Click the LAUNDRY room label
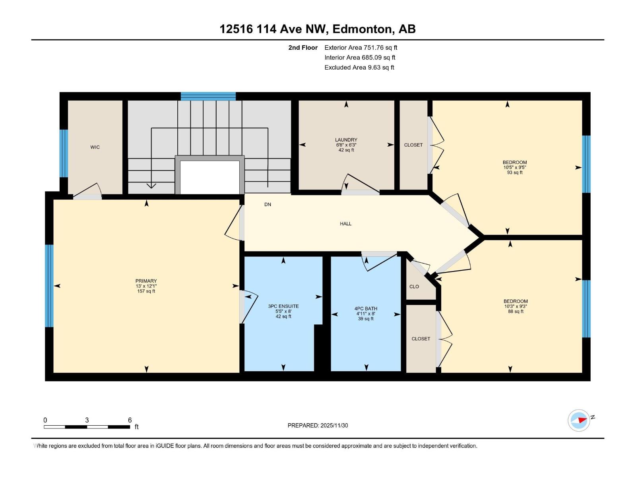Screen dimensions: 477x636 [346, 140]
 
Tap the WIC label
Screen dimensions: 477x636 [95, 147]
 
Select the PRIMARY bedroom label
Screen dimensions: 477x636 [146, 281]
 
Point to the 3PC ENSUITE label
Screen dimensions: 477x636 [283, 306]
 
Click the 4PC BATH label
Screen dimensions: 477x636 [366, 309]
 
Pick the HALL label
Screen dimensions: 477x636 [345, 224]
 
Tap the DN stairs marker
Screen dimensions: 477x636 [268, 205]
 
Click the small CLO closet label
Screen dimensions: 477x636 [414, 287]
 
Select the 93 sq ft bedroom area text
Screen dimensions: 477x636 [515, 173]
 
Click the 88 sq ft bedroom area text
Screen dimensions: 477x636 [516, 312]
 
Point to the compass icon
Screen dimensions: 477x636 [579, 420]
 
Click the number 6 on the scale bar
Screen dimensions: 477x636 [130, 420]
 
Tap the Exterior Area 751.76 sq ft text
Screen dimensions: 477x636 [361, 48]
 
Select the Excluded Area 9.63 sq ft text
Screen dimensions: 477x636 [359, 68]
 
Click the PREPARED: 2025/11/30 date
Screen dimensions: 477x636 [318, 425]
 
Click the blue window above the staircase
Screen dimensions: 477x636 [208, 96]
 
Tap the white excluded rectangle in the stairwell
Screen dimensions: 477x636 [210, 177]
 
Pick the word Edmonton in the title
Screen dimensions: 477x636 [362, 29]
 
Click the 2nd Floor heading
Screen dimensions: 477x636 [303, 48]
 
